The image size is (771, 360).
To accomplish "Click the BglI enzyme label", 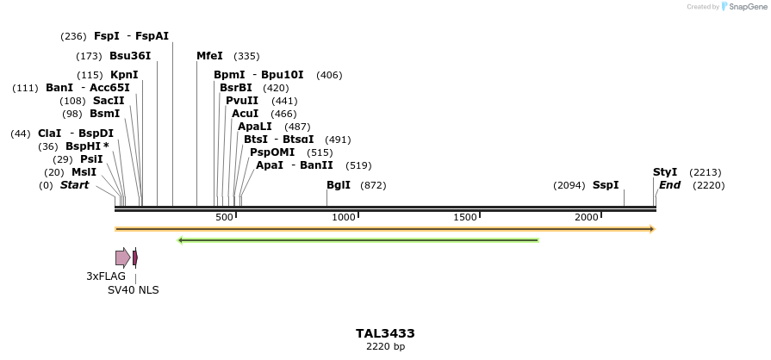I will pyautogui.click(x=339, y=185).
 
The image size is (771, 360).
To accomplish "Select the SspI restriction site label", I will pyautogui.click(x=606, y=185).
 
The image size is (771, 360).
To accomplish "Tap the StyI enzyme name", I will pyautogui.click(x=665, y=172).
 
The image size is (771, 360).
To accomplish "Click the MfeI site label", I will pyautogui.click(x=209, y=56).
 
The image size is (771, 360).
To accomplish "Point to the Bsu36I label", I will pyautogui.click(x=130, y=56).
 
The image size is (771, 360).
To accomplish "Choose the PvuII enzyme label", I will pyautogui.click(x=242, y=101).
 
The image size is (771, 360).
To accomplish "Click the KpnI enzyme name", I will pyautogui.click(x=124, y=75).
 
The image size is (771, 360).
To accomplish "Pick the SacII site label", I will pyautogui.click(x=109, y=101).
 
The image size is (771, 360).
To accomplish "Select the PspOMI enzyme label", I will pyautogui.click(x=272, y=152).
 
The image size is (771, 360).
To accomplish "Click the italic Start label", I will pyautogui.click(x=74, y=185).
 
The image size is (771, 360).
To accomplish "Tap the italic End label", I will pyautogui.click(x=669, y=185).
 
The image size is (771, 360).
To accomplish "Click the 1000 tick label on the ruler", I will pyautogui.click(x=344, y=217).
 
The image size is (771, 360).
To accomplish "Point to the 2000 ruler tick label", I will pyautogui.click(x=588, y=217).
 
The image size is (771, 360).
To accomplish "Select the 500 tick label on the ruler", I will pyautogui.click(x=224, y=217).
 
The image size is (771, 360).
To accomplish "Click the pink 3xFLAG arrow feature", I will pyautogui.click(x=122, y=257).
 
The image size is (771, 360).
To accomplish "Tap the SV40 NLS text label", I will pyautogui.click(x=133, y=290).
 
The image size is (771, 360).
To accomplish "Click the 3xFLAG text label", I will pyautogui.click(x=106, y=276).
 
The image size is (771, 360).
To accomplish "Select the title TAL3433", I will pyautogui.click(x=385, y=333).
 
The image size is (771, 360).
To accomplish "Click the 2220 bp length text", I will pyautogui.click(x=385, y=347).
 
